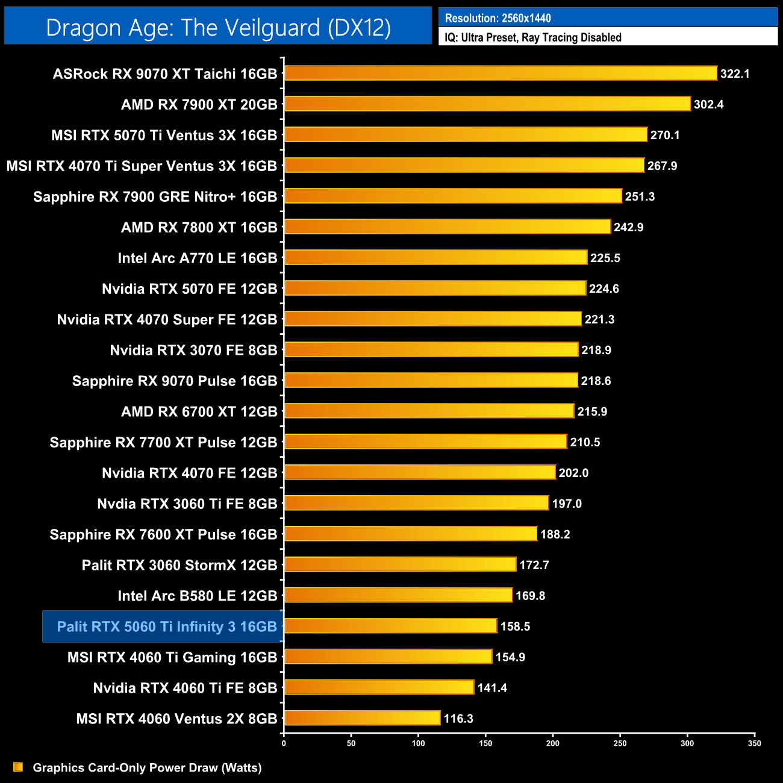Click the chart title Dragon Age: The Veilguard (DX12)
click(x=218, y=28)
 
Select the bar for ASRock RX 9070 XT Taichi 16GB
click(x=501, y=73)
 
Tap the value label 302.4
click(x=708, y=105)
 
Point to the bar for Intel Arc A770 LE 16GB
click(x=435, y=258)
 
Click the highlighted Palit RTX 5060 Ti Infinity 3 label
click(x=166, y=627)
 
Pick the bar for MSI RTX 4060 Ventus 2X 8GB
click(x=362, y=719)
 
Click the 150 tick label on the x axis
click(x=485, y=743)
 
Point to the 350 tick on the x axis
click(x=755, y=743)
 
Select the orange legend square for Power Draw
click(x=18, y=767)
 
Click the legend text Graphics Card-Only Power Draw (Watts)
click(x=147, y=768)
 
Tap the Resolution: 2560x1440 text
click(x=498, y=18)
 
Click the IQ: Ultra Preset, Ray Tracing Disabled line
click(x=532, y=37)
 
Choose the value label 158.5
click(x=515, y=627)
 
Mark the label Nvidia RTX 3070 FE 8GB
click(x=193, y=351)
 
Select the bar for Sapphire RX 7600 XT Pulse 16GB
click(x=410, y=534)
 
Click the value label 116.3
click(x=458, y=719)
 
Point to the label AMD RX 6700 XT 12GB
click(x=199, y=412)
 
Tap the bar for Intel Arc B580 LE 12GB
click(x=398, y=596)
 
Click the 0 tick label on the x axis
click(x=284, y=743)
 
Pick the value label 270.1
click(x=664, y=136)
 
